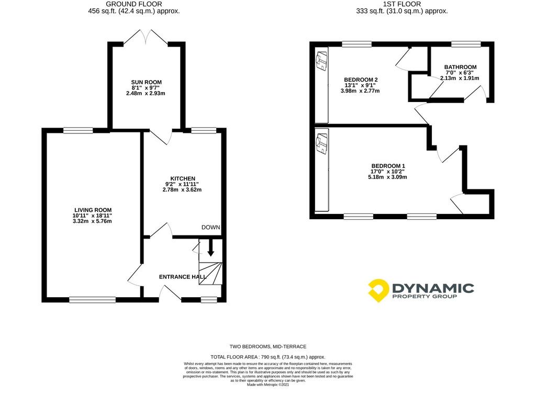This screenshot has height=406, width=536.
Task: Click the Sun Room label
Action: coord(147,82)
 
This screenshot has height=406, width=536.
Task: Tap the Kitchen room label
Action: coord(183,178)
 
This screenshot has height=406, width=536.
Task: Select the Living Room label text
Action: coord(93,210)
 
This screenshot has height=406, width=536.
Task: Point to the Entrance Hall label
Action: coord(183,277)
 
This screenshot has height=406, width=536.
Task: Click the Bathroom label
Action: coord(461,67)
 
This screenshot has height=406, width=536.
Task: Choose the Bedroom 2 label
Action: coord(361,80)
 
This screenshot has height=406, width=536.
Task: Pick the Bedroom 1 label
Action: coord(388,166)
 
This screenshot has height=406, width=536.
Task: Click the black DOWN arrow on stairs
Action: coord(210,248)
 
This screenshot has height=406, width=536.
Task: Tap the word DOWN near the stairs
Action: coord(210,227)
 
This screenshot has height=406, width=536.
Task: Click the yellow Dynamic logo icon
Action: coord(378,290)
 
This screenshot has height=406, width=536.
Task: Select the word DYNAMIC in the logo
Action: coord(433,288)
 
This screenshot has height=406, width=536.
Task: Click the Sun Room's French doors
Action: coord(146,37)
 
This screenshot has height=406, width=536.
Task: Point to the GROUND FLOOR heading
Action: coord(134,4)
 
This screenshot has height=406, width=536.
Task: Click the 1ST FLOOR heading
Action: coord(402,4)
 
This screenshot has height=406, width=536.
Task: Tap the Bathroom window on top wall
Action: coord(466,44)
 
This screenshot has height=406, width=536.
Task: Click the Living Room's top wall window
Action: coord(78,130)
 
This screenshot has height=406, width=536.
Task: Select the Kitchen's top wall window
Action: coord(204,130)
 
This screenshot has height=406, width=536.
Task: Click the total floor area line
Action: coord(267,357)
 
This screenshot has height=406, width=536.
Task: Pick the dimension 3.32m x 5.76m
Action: coord(92,221)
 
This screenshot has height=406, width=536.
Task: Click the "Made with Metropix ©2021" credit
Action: coord(267,385)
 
